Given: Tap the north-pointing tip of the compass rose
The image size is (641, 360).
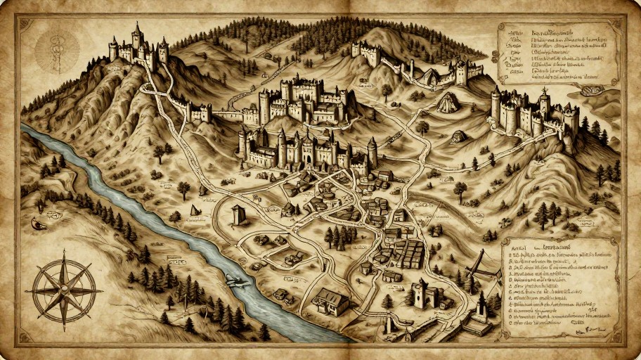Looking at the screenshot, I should pos(64,257).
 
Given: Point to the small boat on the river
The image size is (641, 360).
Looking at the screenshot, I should pos(238,281).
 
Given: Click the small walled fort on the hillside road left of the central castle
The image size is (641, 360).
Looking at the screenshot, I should pos(199,111).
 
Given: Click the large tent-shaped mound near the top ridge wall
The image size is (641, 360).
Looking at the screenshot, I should pos(448,103).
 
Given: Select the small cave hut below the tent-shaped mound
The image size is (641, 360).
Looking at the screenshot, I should pos(458,136).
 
